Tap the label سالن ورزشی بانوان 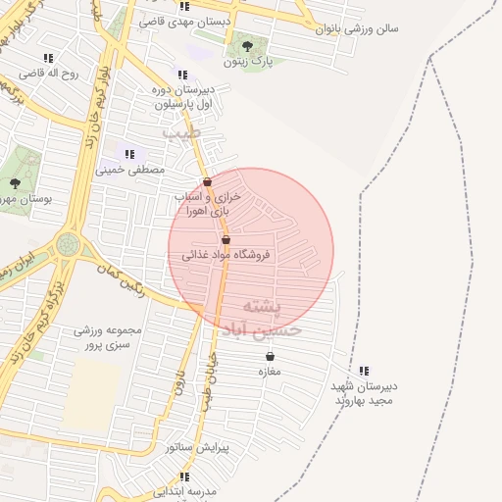(356, 28)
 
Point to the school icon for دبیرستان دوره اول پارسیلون (181, 75)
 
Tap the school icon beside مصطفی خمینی (129, 154)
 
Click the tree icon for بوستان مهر (14, 183)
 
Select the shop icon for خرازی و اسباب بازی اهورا (207, 181)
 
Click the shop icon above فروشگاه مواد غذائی (226, 239)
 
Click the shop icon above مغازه (269, 357)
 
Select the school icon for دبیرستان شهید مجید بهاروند (364, 371)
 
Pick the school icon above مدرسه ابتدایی (184, 476)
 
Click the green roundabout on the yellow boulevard (67, 243)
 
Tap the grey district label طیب (180, 130)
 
